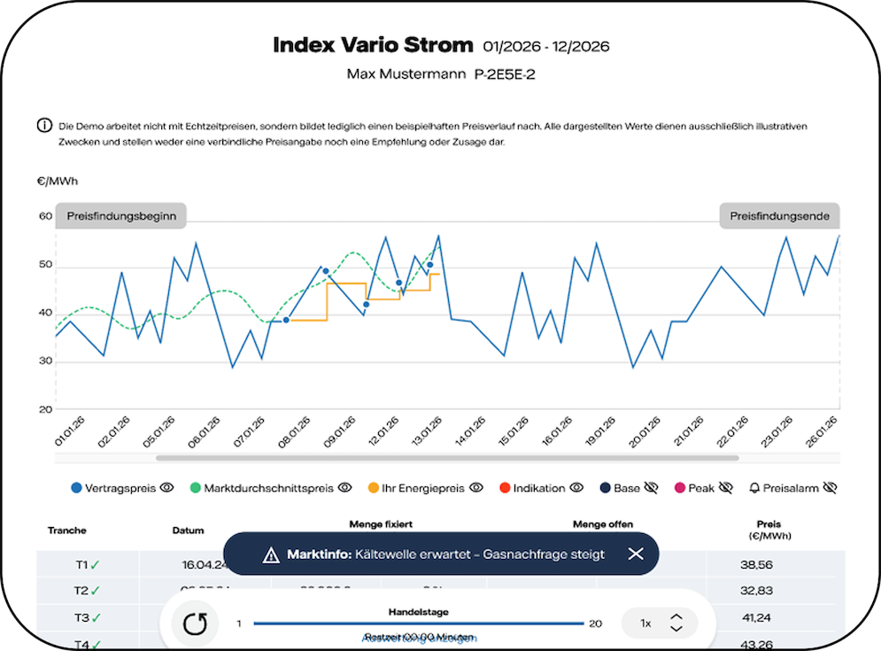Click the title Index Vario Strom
(x=372, y=46)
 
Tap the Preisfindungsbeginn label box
(x=121, y=216)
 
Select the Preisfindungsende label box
(x=779, y=216)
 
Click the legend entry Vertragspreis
(x=115, y=487)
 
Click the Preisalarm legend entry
(x=787, y=487)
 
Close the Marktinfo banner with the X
(x=636, y=554)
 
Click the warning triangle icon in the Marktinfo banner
(x=271, y=554)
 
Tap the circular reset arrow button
(x=194, y=624)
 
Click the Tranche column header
(x=67, y=531)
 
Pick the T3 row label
(x=81, y=617)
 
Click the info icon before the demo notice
(x=44, y=126)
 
